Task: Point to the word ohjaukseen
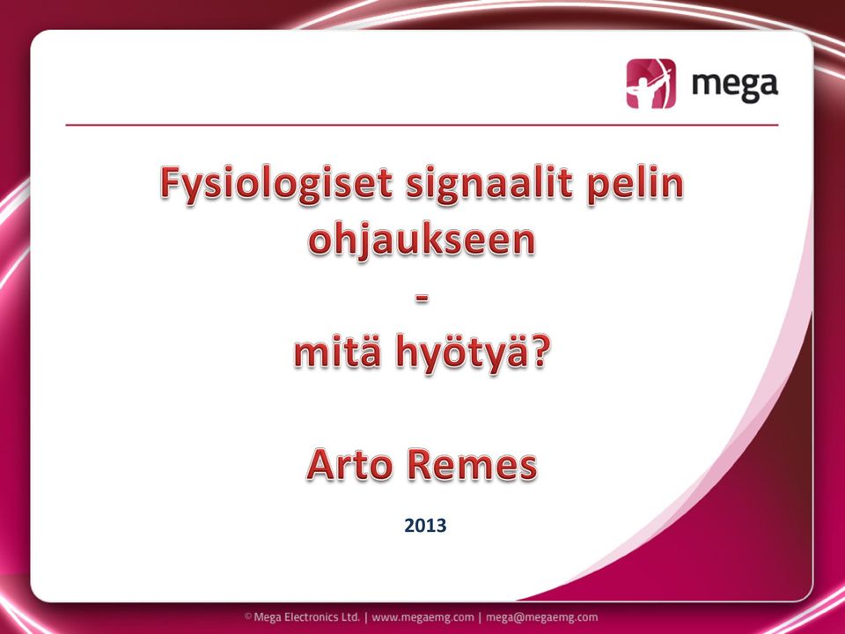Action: click(x=422, y=241)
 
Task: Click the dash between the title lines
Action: click(x=422, y=299)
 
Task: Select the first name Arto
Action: click(x=349, y=465)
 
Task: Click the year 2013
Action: click(x=425, y=525)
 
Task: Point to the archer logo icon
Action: click(x=650, y=84)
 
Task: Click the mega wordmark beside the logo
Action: click(x=734, y=86)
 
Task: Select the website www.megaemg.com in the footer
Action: click(x=423, y=617)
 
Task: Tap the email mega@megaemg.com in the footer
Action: click(x=541, y=617)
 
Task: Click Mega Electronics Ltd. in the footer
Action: click(x=306, y=617)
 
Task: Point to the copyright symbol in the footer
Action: click(x=248, y=616)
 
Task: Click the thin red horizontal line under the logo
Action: click(x=422, y=125)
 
